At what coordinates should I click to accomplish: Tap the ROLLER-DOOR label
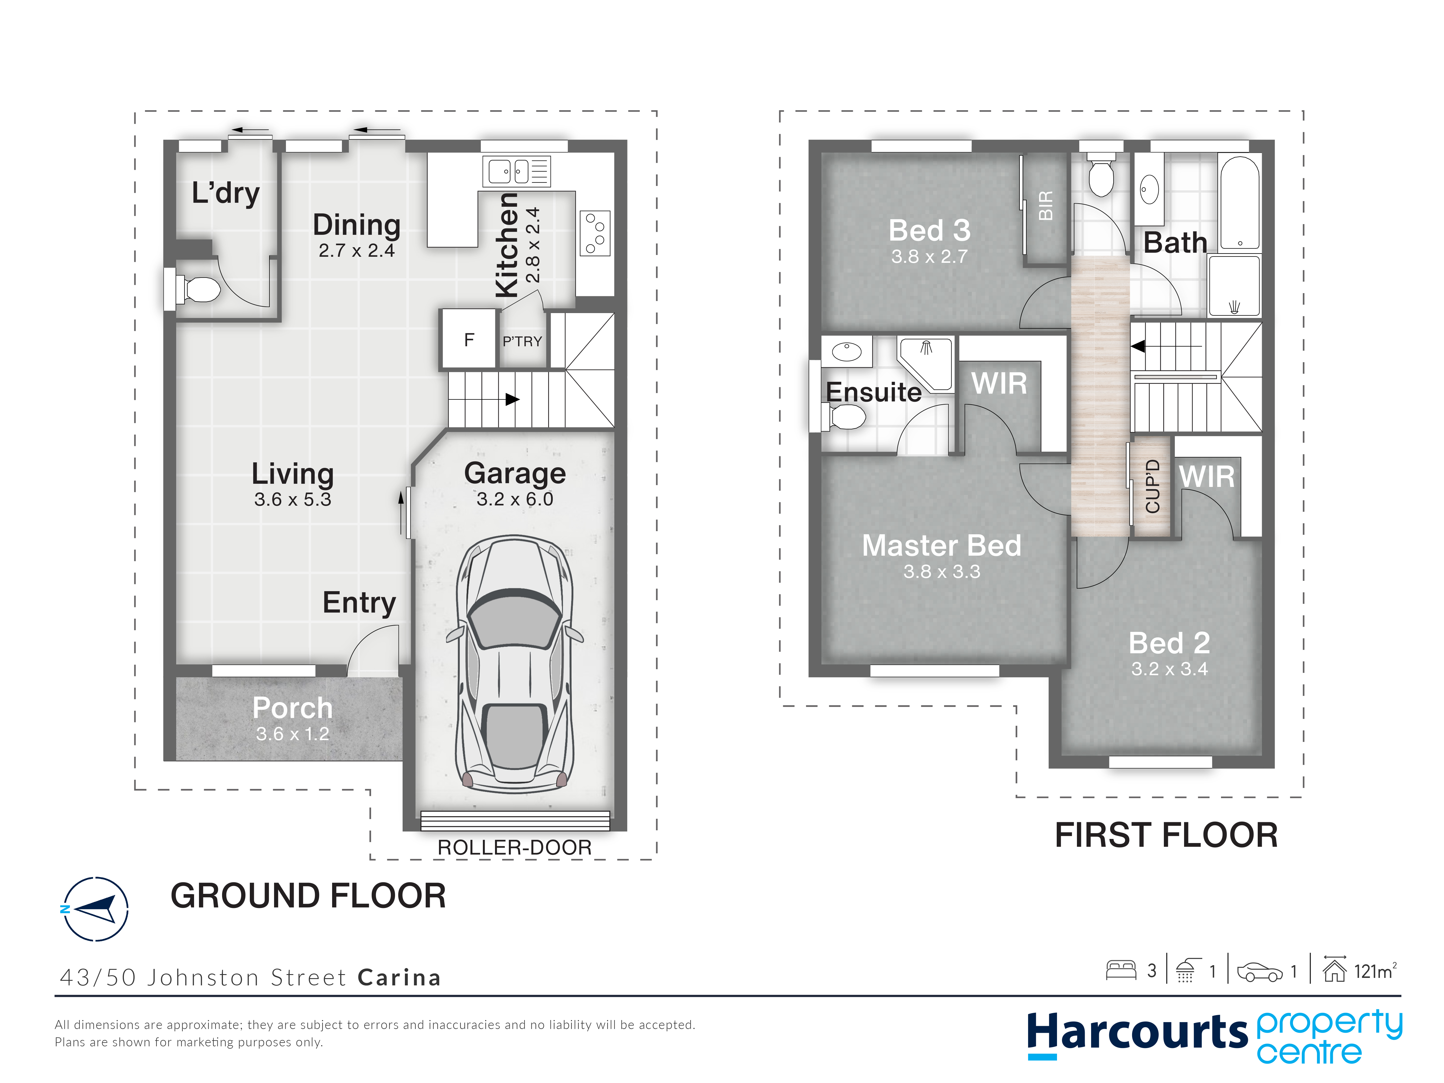[x=514, y=847]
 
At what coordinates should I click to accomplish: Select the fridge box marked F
[x=469, y=339]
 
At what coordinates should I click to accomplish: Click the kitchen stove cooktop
[x=595, y=233]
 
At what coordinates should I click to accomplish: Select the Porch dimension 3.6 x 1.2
[x=293, y=734]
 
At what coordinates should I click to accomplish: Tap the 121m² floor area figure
[x=1376, y=971]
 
